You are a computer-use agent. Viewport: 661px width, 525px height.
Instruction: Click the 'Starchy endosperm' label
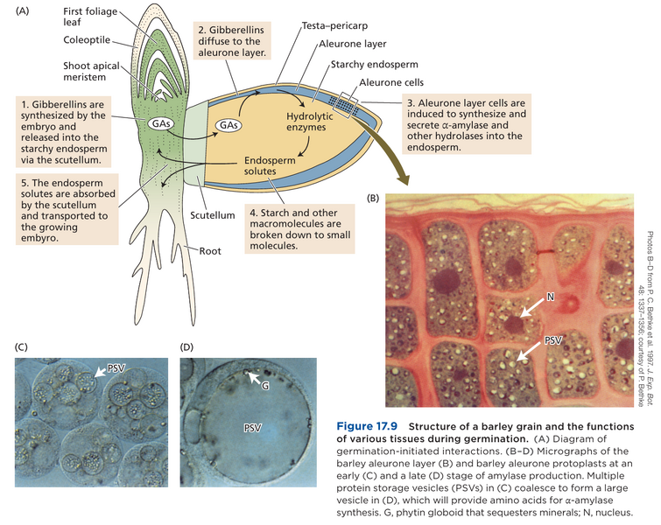pos(374,65)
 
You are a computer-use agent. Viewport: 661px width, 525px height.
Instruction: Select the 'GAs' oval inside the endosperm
pos(229,125)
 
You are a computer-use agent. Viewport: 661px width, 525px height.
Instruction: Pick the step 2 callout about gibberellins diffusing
pos(231,40)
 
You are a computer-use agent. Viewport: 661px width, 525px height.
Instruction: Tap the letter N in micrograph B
pos(550,273)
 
